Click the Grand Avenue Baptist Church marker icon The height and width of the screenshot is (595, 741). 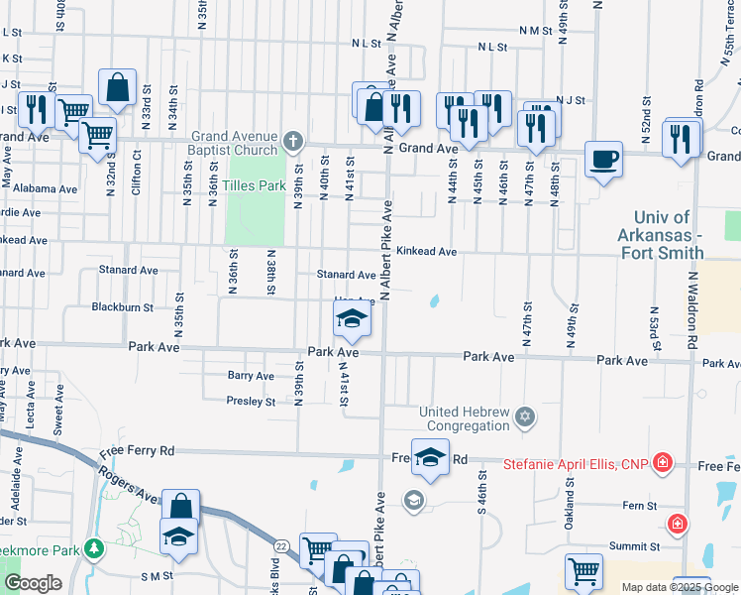pos(292,141)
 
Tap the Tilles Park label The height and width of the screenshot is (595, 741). pos(254,185)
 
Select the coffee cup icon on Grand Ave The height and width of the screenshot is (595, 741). pos(603,158)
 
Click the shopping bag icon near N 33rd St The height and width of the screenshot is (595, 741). pos(118,86)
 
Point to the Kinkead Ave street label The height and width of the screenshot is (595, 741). pos(426,252)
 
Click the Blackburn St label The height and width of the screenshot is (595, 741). pos(121,307)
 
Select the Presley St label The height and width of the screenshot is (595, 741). pos(251,402)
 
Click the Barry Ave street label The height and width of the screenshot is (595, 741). pos(251,376)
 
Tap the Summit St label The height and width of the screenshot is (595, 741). pos(634,546)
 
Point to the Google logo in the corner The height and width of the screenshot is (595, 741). pos(33,583)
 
